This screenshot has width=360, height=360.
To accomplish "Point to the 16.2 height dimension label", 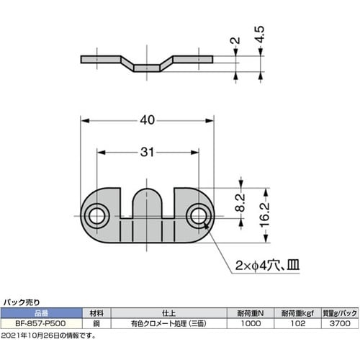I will click(x=265, y=215).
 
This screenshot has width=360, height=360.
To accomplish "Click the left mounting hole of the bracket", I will click(x=96, y=216).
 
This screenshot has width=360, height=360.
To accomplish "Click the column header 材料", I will click(x=96, y=314).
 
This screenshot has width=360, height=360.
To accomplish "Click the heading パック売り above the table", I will click(x=22, y=304).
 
